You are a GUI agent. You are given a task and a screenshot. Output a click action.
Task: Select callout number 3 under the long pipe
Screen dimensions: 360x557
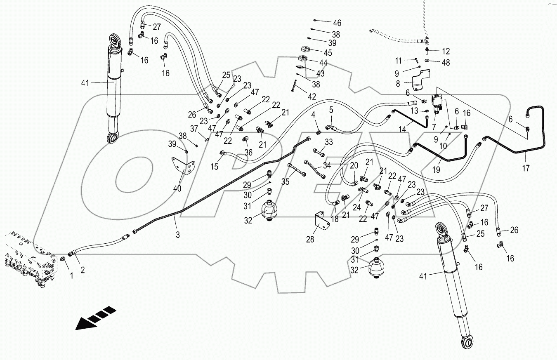coord(177,235)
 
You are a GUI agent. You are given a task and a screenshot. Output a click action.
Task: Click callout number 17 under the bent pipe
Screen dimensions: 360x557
coord(525,168)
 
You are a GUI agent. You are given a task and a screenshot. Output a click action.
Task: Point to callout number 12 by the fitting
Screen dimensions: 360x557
coord(446,52)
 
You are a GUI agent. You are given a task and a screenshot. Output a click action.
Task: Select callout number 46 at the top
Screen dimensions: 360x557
coord(337,23)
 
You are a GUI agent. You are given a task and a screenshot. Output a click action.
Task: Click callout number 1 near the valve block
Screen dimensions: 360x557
coord(71,276)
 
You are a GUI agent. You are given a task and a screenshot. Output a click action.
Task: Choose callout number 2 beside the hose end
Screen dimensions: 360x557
coord(83,271)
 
